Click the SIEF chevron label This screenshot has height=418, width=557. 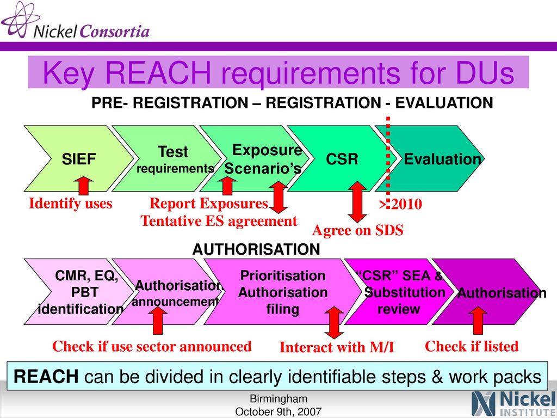pyautogui.click(x=79, y=159)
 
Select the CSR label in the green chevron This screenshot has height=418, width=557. pyautogui.click(x=342, y=159)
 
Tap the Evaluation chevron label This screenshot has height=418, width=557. pyautogui.click(x=443, y=159)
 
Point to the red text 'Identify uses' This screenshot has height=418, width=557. pyautogui.click(x=71, y=204)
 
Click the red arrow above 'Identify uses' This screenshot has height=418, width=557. pyautogui.click(x=84, y=185)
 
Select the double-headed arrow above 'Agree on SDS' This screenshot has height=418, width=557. pyautogui.click(x=357, y=202)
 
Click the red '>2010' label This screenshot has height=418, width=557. pyautogui.click(x=400, y=205)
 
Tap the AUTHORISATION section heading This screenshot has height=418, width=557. pyautogui.click(x=256, y=249)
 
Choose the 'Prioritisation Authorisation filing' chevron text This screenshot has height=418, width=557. pyautogui.click(x=283, y=292)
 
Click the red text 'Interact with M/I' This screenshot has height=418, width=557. pyautogui.click(x=337, y=347)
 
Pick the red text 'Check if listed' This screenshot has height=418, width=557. pyautogui.click(x=472, y=346)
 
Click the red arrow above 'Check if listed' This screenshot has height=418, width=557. pyautogui.click(x=478, y=320)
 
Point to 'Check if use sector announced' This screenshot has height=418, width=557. pyautogui.click(x=152, y=346)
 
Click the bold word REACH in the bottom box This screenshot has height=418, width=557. pyautogui.click(x=46, y=377)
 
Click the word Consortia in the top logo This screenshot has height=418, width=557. pyautogui.click(x=114, y=31)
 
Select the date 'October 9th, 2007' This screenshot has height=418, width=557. pyautogui.click(x=278, y=411)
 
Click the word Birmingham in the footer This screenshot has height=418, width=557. pyautogui.click(x=278, y=399)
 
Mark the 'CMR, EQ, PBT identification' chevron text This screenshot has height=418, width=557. pyautogui.click(x=81, y=292)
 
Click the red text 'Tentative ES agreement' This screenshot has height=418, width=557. pyautogui.click(x=219, y=221)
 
